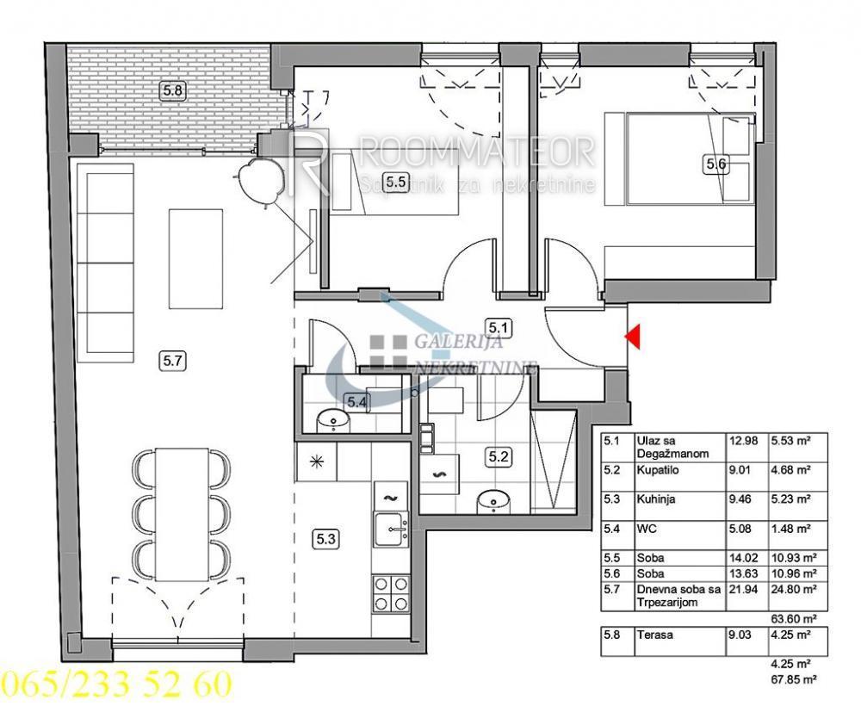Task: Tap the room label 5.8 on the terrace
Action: [x=172, y=89]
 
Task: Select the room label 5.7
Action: [x=173, y=362]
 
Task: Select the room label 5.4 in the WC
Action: [x=356, y=400]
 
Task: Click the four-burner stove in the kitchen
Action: [x=391, y=591]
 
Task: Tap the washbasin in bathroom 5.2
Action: [x=493, y=499]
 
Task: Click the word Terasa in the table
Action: [x=654, y=636]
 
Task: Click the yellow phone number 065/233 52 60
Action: [x=116, y=685]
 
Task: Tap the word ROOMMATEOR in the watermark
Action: [x=476, y=153]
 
